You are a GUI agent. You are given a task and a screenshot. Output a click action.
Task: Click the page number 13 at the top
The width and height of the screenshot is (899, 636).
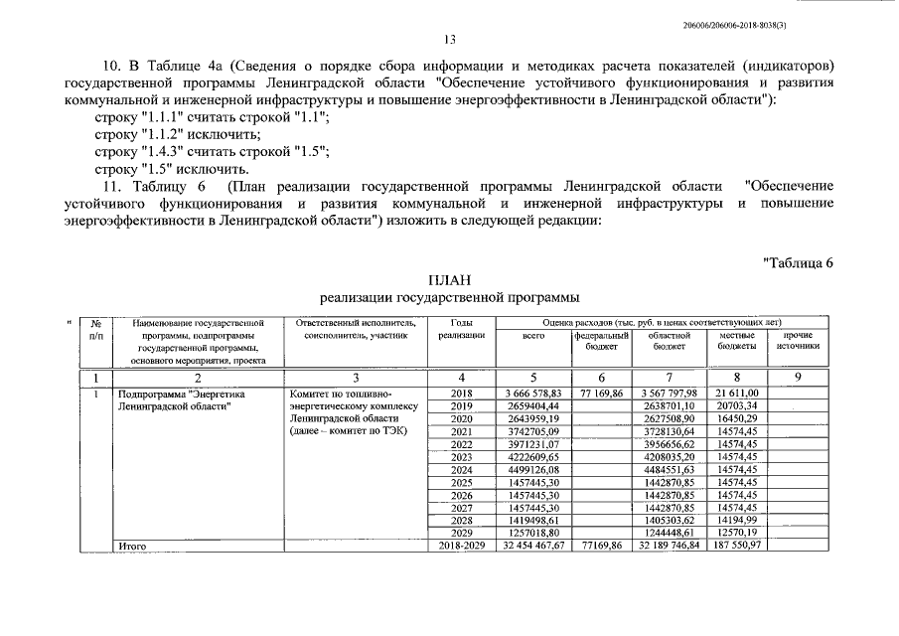449,41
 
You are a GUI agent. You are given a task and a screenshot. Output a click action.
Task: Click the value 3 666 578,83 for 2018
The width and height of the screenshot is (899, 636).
533,394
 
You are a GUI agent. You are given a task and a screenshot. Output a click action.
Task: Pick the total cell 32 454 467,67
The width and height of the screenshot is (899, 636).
533,546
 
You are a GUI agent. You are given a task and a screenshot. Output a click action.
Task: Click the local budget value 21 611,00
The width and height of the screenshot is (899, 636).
737,394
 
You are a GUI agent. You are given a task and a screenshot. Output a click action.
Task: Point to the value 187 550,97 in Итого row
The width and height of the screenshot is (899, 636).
737,546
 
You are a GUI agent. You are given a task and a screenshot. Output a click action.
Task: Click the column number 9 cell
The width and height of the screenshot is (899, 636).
798,377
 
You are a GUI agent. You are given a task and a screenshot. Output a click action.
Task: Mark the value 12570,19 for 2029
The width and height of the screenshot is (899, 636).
737,533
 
